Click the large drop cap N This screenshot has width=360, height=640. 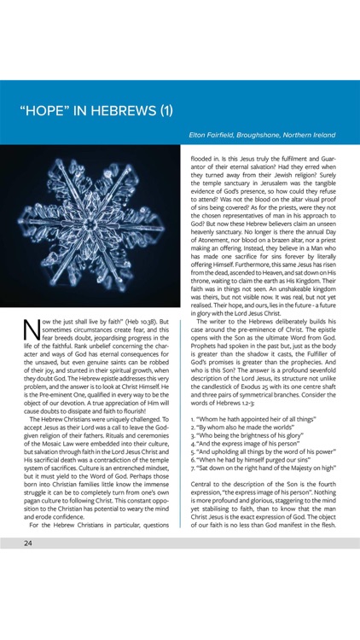point(31,330)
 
